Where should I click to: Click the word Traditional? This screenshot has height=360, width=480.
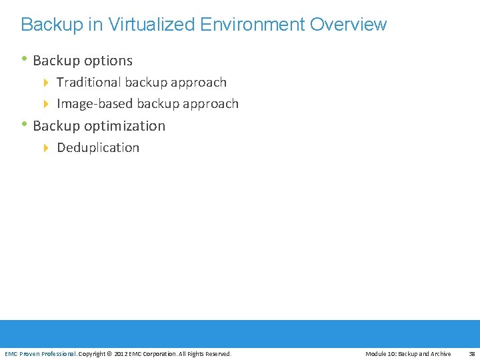89,83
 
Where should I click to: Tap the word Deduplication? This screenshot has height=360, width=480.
98,148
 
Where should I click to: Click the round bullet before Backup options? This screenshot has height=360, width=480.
25,59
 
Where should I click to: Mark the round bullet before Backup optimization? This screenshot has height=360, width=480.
25,124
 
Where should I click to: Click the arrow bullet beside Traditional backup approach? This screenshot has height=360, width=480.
47,83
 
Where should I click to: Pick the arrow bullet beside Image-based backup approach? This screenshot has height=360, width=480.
47,104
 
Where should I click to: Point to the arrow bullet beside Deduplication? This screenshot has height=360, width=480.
47,148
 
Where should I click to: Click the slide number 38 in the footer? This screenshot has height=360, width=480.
471,354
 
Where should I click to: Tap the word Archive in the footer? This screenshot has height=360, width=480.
439,354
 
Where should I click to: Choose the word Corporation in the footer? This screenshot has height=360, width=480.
159,354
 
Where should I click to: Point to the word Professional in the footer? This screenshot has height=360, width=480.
59,354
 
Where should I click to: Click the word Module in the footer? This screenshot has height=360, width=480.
376,354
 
